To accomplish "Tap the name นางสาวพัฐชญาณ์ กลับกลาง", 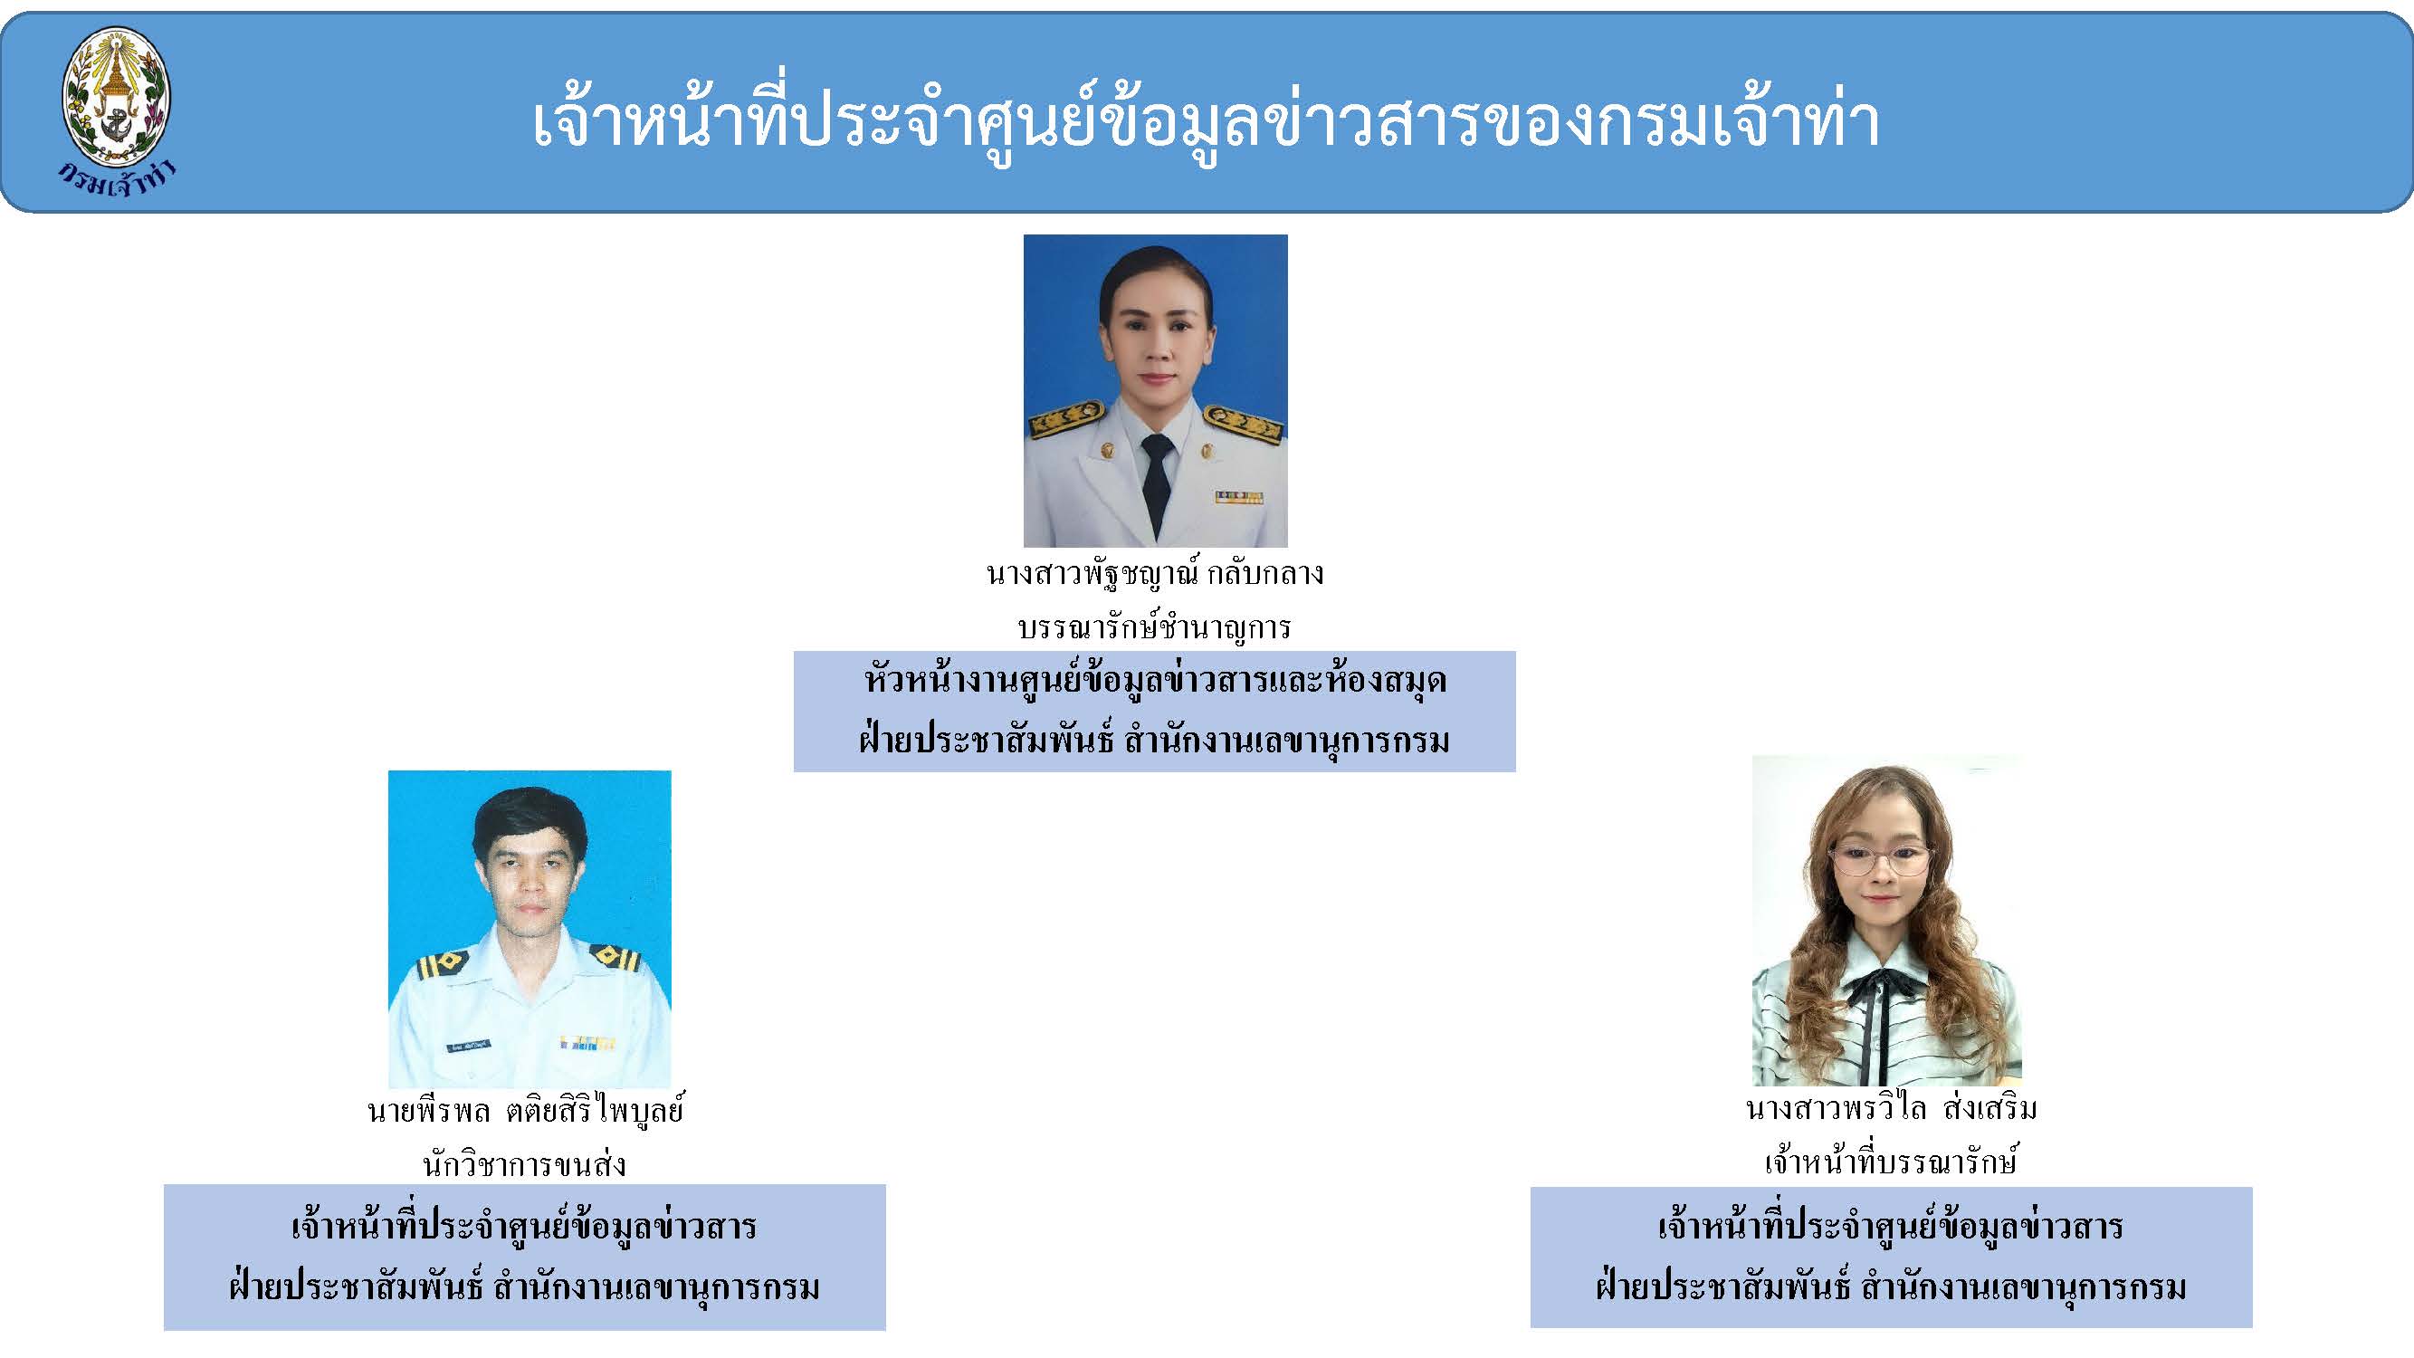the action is (1156, 573).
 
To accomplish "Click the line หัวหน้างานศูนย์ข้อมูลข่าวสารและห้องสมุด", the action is (1156, 682).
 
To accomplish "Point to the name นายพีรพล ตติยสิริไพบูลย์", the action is (526, 1111).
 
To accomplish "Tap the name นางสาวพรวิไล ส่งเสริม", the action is (1891, 1109).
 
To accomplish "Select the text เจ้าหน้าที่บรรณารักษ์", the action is (1890, 1162).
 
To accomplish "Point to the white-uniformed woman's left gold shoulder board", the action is (1243, 425).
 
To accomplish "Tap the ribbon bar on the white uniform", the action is (1239, 497).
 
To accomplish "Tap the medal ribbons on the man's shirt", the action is (588, 1043).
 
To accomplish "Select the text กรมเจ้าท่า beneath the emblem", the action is (116, 178).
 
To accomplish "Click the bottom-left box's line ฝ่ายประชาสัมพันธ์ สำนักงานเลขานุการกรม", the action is (525, 1286).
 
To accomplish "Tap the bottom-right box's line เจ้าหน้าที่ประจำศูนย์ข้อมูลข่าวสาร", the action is (1891, 1227).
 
